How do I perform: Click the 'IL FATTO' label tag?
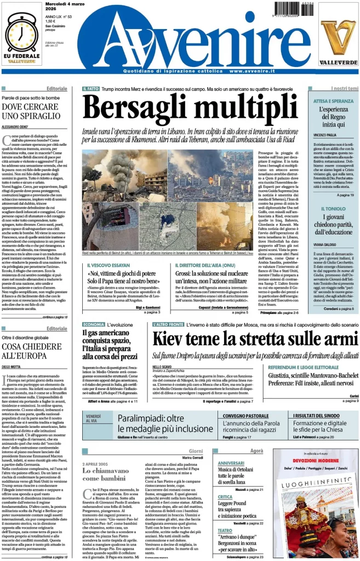(x=90, y=89)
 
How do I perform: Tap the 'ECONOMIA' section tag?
(x=94, y=325)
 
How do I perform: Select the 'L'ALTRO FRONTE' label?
(x=168, y=325)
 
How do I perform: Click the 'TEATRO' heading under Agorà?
(x=225, y=530)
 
